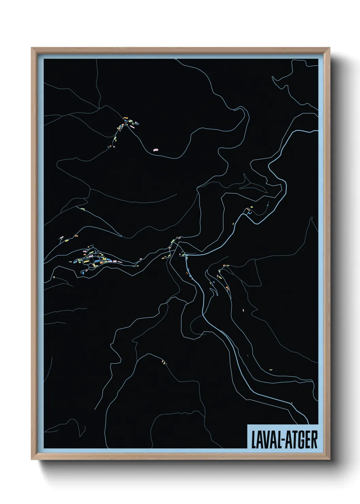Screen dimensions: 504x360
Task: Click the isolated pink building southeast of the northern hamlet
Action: pyautogui.click(x=156, y=149)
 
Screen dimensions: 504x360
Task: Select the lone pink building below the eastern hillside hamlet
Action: pyautogui.click(x=244, y=310)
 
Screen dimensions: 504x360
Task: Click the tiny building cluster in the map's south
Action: pyautogui.click(x=164, y=362)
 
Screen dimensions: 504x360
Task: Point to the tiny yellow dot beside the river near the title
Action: pyautogui.click(x=292, y=403)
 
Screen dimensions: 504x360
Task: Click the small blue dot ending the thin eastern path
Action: pyautogui.click(x=268, y=205)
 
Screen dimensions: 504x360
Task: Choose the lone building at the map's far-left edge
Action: pyautogui.click(x=54, y=277)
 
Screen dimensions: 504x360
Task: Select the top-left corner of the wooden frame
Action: pyautogui.click(x=32, y=48)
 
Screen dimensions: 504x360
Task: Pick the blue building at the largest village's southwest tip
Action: pyautogui.click(x=82, y=272)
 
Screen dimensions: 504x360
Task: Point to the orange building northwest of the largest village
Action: pyautogui.click(x=77, y=236)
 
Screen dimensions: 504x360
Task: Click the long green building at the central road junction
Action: pyautogui.click(x=173, y=241)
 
